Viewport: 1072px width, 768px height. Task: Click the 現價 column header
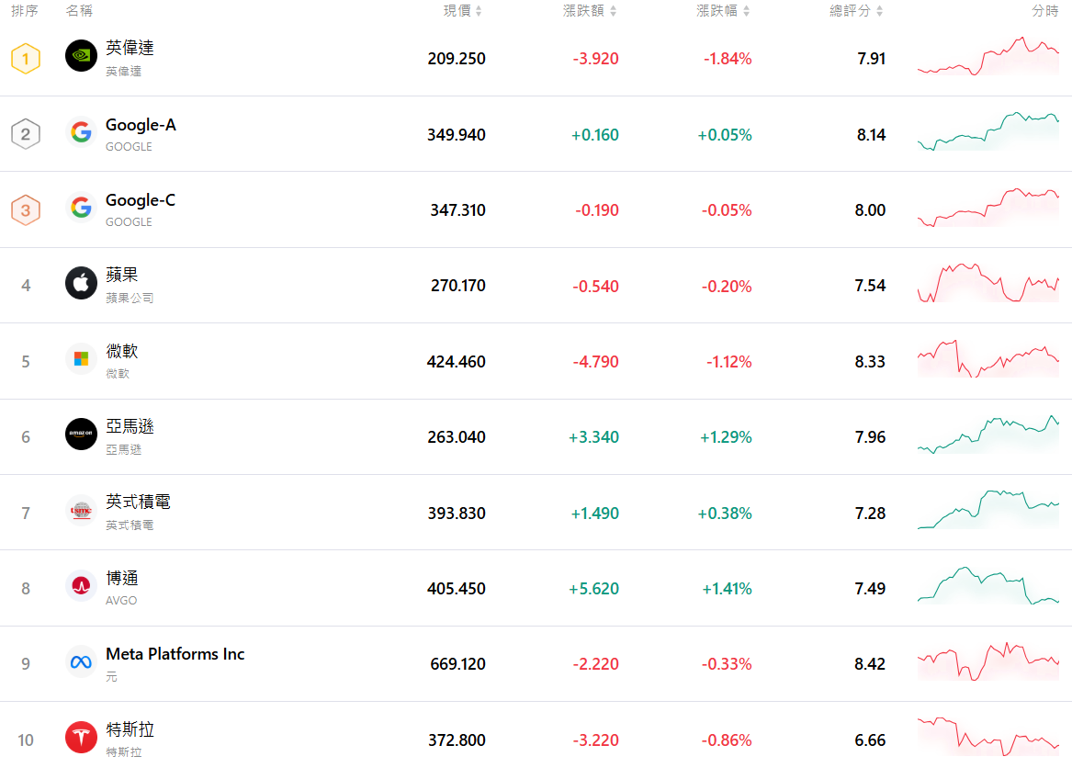457,11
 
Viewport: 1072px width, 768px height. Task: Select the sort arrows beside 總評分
880,11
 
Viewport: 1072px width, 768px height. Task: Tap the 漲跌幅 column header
717,11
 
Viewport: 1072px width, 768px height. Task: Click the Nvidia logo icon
81,56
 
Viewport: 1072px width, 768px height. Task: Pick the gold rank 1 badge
26,60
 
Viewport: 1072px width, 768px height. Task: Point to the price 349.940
457,135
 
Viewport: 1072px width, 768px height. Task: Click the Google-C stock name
141,200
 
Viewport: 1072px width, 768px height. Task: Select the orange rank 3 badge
26,210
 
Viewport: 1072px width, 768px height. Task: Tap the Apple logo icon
81,283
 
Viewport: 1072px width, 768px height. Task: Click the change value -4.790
595,362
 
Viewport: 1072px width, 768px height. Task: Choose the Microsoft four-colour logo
81,358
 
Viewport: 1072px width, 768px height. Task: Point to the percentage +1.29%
726,437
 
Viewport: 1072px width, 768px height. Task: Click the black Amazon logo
81,435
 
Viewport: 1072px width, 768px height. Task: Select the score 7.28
870,514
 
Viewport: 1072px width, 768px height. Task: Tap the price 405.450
457,589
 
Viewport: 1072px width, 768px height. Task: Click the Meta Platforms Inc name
175,654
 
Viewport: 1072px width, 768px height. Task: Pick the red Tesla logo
81,737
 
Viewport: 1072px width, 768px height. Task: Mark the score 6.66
870,740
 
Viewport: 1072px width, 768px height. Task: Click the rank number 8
26,589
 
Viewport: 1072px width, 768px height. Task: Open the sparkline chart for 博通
987,586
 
